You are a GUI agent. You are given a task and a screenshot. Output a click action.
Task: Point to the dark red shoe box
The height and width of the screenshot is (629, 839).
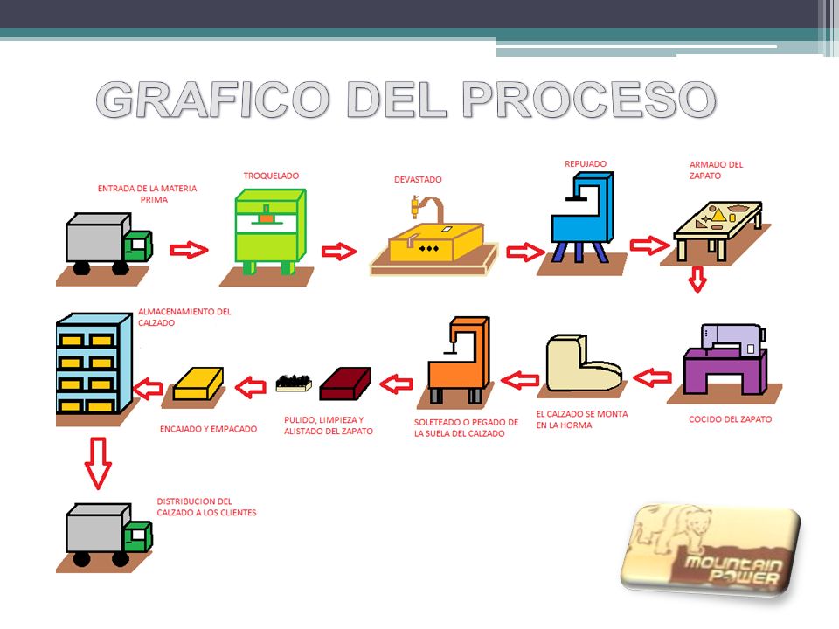point(343,383)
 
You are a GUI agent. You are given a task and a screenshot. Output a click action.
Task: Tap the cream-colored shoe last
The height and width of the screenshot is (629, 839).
point(581,365)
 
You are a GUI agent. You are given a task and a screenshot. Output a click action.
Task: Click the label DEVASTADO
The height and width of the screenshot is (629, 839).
point(418,180)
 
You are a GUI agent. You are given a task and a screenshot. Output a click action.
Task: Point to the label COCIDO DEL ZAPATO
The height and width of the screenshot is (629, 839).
point(731,419)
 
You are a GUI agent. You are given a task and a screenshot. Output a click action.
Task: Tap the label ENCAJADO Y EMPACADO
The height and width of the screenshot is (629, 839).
point(209,429)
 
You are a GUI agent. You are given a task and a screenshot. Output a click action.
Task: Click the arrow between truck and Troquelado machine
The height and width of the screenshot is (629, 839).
point(188,251)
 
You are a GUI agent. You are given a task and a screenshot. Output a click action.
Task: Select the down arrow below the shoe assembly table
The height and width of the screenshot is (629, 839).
point(697,280)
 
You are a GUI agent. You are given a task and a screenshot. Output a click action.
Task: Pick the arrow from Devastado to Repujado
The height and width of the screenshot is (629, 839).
point(524,252)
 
